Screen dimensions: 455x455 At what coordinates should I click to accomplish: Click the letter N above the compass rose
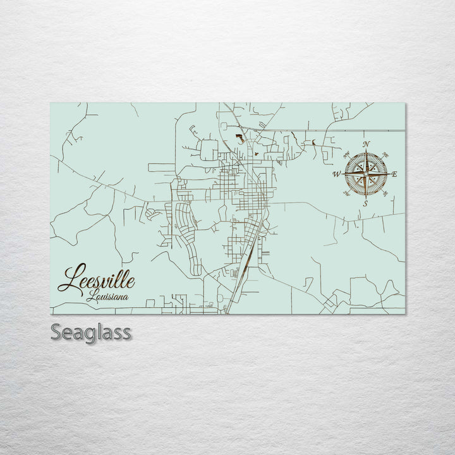pyautogui.click(x=367, y=144)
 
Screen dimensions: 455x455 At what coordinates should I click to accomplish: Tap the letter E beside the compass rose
pyautogui.click(x=395, y=174)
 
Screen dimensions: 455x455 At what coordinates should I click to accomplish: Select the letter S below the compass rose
pyautogui.click(x=365, y=203)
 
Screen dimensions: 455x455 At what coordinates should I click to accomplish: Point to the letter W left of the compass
pyautogui.click(x=336, y=174)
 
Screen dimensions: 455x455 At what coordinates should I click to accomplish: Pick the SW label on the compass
pyautogui.click(x=346, y=194)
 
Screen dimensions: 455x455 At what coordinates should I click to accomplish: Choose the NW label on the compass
pyautogui.click(x=346, y=154)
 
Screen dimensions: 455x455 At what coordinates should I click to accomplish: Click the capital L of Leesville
pyautogui.click(x=68, y=279)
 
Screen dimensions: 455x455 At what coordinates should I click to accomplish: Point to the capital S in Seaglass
pyautogui.click(x=56, y=332)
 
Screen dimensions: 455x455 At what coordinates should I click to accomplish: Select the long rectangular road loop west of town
pyautogui.click(x=161, y=167)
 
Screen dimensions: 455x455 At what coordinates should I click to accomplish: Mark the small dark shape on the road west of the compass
pyautogui.click(x=313, y=143)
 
